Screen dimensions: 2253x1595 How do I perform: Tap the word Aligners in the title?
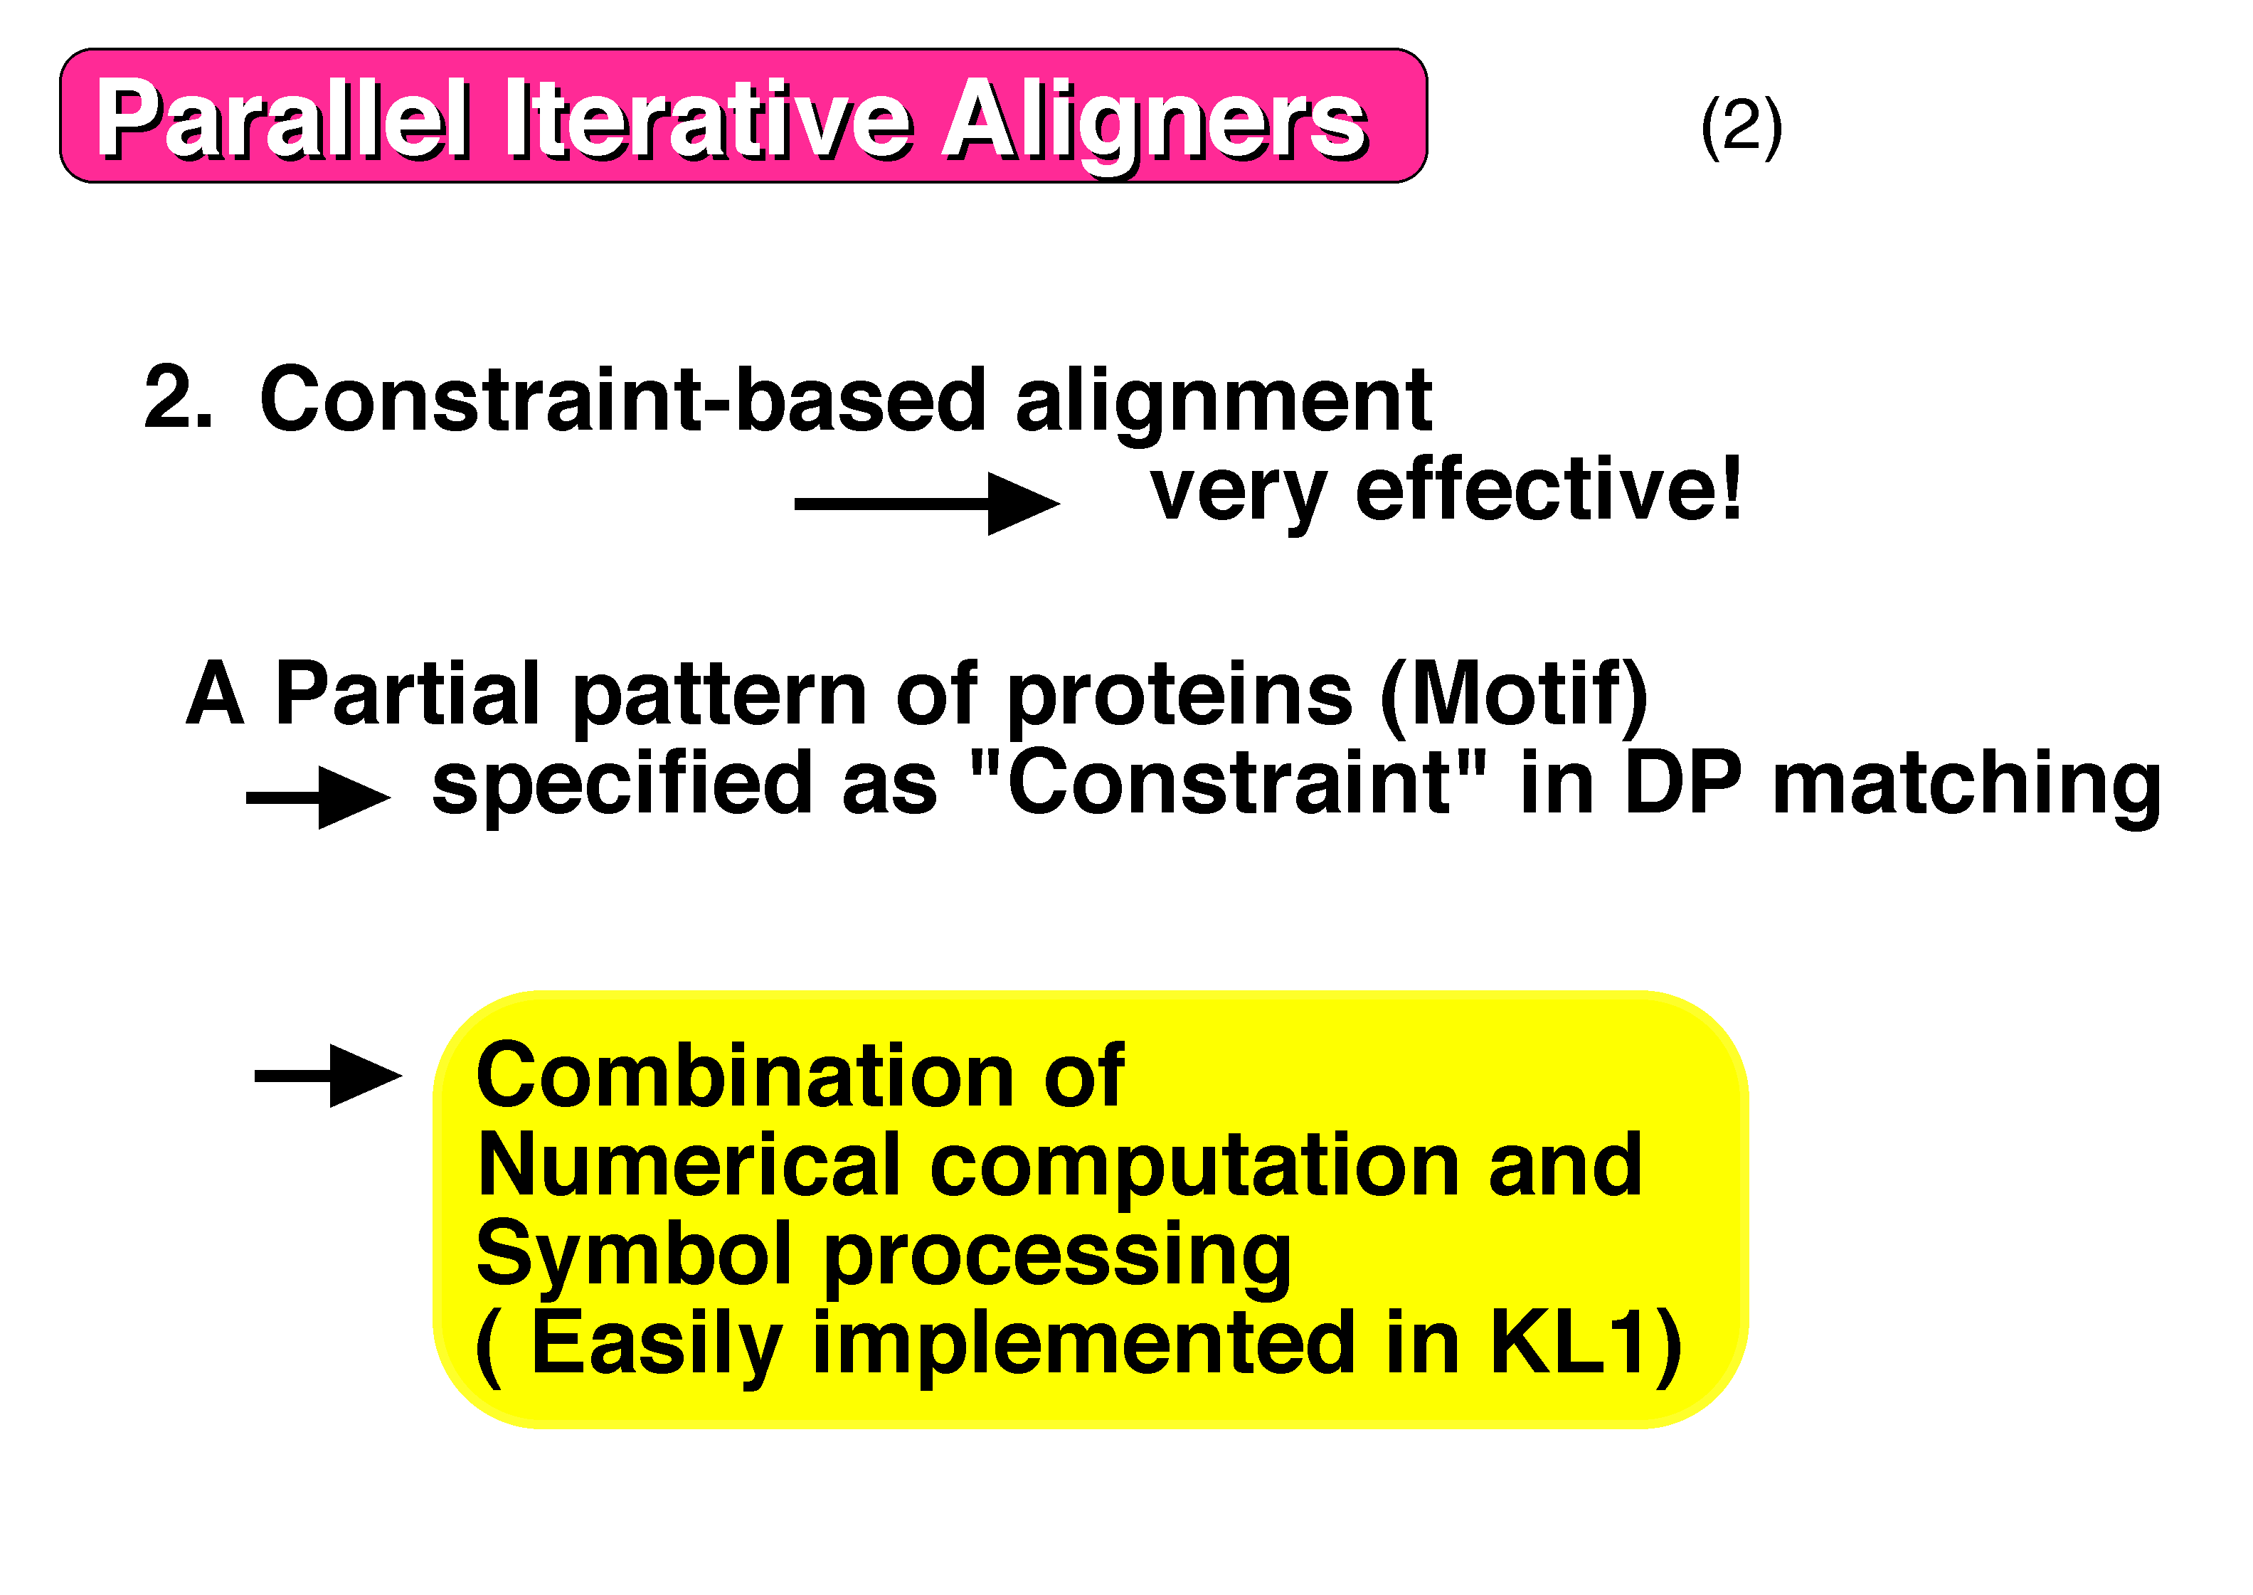[1154, 126]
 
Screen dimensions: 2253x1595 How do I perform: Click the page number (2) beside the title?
[1742, 126]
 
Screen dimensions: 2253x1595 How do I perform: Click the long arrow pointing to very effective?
[927, 504]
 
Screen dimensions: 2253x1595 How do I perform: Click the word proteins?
[1179, 700]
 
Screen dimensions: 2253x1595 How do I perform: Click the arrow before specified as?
[318, 797]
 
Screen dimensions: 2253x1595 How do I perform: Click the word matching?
[1966, 789]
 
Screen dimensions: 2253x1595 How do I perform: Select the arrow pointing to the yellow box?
[328, 1076]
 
